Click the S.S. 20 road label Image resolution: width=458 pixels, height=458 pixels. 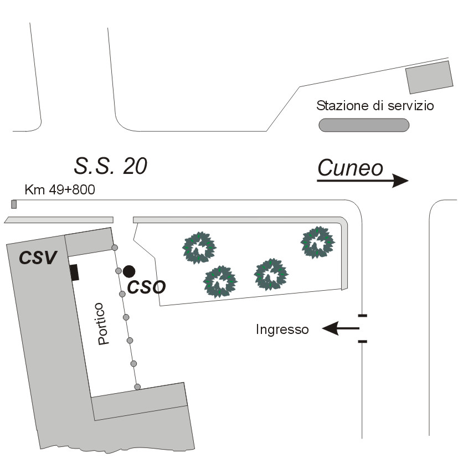[x=111, y=166]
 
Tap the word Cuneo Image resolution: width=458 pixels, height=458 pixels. [x=350, y=168]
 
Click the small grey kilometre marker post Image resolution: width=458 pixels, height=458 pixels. [x=14, y=204]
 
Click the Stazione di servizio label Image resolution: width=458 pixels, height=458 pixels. [x=374, y=105]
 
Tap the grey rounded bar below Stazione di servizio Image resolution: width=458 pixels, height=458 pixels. [x=364, y=125]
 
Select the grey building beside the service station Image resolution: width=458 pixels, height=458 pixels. [x=430, y=77]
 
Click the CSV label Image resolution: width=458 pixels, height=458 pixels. [x=38, y=258]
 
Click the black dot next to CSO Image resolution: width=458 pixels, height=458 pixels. [x=129, y=271]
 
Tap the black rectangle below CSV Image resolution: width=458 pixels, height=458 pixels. [x=74, y=272]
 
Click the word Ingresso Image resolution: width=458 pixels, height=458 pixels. [x=282, y=330]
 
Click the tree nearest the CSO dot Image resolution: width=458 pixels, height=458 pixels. [x=199, y=248]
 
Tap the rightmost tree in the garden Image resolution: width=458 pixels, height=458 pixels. [x=318, y=242]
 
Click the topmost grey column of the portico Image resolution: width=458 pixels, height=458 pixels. [x=115, y=247]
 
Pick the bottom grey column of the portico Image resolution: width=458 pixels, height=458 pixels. [x=137, y=387]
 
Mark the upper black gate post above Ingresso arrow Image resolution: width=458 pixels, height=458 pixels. [x=362, y=316]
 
